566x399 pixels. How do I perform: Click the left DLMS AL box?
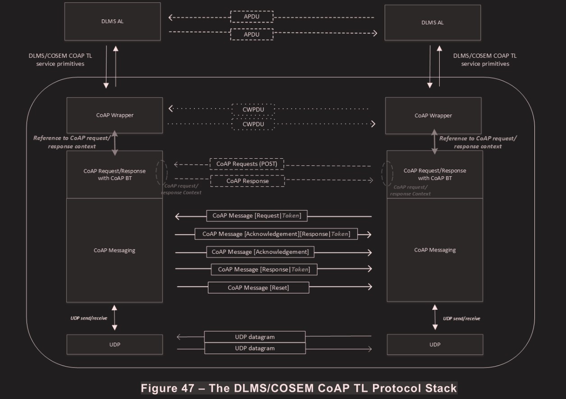point(112,22)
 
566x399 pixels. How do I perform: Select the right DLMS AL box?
point(432,23)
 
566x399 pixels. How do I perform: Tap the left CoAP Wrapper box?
point(115,115)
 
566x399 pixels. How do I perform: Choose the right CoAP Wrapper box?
point(433,116)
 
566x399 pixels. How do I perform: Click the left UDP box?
point(115,344)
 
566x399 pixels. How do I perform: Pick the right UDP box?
point(435,344)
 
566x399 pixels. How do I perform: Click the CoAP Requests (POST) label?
point(247,164)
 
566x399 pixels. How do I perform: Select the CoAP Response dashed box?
point(247,181)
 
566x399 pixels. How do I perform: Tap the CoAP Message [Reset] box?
point(258,288)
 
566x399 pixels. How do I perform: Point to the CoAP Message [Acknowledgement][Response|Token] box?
point(276,234)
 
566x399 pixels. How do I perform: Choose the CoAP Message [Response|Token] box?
point(264,270)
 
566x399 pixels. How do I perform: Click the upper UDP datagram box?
point(255,337)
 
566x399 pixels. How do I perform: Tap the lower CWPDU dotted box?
point(253,124)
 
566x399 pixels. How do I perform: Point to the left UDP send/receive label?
point(89,318)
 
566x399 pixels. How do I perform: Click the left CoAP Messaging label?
point(115,250)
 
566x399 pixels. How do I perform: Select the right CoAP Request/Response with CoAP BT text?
point(435,174)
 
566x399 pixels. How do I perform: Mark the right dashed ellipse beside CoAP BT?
point(387,174)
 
